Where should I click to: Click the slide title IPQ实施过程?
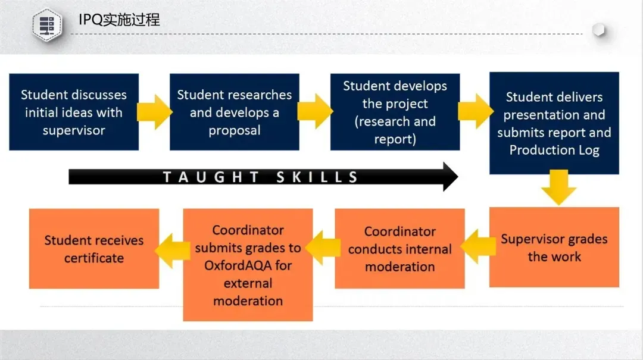[119, 20]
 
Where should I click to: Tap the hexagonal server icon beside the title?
[47, 25]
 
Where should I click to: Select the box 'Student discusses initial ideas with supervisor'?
[74, 112]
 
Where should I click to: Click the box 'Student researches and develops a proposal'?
[234, 112]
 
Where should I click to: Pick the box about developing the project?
[395, 112]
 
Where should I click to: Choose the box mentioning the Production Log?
[554, 123]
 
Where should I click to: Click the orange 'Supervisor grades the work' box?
[554, 248]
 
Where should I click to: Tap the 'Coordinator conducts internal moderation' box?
[400, 249]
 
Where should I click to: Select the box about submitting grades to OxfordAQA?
[248, 265]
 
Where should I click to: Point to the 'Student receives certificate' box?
[94, 249]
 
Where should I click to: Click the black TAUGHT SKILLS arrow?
[263, 177]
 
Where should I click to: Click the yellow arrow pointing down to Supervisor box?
[558, 187]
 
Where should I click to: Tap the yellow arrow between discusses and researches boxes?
[154, 111]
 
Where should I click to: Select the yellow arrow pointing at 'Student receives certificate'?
[173, 251]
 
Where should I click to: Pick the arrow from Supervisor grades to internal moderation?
[478, 246]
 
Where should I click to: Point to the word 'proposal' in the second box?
[234, 130]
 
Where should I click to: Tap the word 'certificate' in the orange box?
[94, 258]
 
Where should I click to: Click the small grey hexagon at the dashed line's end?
[599, 30]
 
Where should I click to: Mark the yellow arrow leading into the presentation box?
[475, 111]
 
